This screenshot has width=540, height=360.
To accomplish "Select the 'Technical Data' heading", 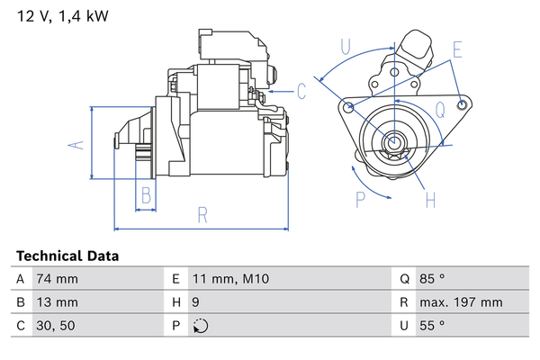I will tap(67, 256).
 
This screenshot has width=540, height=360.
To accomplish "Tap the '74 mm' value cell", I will tap(56, 279).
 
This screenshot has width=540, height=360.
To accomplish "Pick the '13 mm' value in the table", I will tap(56, 302).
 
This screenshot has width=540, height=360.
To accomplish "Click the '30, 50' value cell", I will tap(54, 325).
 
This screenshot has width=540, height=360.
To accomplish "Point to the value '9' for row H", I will tap(197, 302).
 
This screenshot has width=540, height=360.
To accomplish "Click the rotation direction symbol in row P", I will tap(200, 326).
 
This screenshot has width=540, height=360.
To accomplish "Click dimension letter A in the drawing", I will tap(78, 144).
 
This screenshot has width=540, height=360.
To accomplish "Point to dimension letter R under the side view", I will tap(202, 215).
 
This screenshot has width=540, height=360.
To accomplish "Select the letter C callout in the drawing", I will tap(302, 91).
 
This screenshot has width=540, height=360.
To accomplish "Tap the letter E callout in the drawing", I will tap(458, 49).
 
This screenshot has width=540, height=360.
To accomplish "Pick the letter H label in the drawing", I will tap(429, 199).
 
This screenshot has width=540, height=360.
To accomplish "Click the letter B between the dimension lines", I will tap(145, 194).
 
